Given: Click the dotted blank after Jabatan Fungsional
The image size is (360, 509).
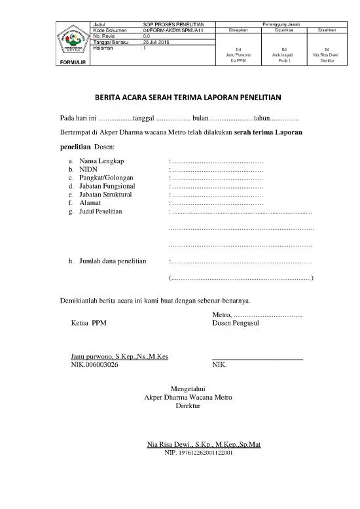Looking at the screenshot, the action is coord(217,186).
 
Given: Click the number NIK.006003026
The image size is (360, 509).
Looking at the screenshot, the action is coord(94,365).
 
